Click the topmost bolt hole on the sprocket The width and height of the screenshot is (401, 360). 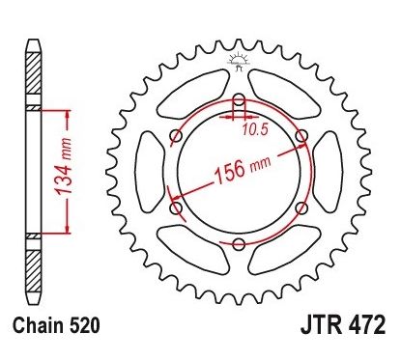pyautogui.click(x=238, y=99)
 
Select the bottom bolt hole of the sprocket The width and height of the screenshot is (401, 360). pyautogui.click(x=238, y=244)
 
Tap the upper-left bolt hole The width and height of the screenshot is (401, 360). pyautogui.click(x=175, y=135)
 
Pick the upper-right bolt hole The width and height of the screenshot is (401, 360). pyautogui.click(x=301, y=135)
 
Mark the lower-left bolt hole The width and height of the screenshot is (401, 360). pyautogui.click(x=175, y=208)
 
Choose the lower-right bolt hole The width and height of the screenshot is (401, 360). pyautogui.click(x=301, y=208)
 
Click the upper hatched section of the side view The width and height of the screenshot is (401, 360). pyautogui.click(x=32, y=77)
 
